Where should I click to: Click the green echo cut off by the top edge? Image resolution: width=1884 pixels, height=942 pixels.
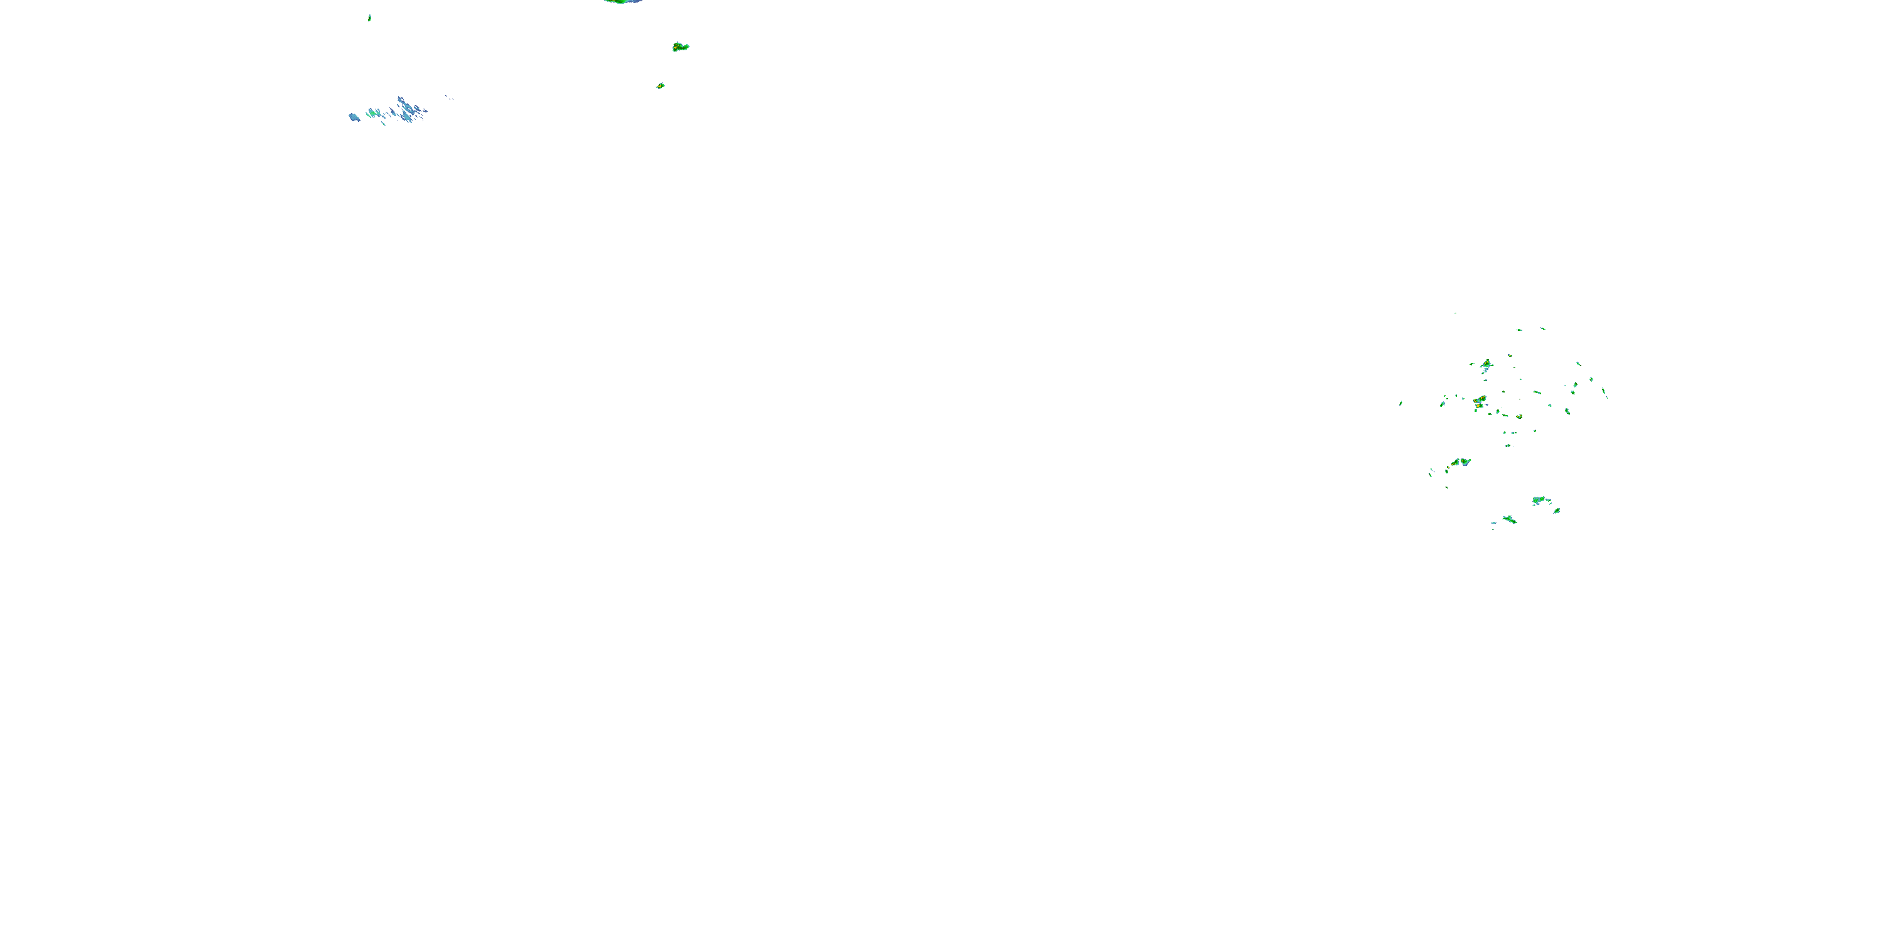coord(622,1)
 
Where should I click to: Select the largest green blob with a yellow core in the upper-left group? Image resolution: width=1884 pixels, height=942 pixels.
coord(680,48)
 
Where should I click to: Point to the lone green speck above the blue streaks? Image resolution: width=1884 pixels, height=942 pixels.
coord(369,18)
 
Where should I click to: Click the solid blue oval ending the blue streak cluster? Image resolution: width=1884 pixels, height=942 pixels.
coord(354,117)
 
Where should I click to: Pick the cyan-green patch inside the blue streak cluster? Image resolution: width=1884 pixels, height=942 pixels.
coord(373,112)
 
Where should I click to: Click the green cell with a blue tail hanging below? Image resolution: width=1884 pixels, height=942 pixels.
coord(1485,364)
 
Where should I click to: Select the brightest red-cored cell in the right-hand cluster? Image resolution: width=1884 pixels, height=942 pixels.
coord(1480,401)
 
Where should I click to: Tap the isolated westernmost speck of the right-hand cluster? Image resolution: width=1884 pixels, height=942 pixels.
coord(1400,403)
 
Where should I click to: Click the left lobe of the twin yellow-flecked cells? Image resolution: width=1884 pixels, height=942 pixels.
coord(1456,463)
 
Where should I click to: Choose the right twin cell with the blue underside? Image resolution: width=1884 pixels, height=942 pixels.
coord(1466,462)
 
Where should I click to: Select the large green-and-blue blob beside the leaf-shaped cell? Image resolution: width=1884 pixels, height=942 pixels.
coord(1540,501)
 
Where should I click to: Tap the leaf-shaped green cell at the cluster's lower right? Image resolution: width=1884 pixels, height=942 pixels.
coord(1556,511)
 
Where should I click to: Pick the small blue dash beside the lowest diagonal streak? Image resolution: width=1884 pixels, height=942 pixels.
coord(1493,523)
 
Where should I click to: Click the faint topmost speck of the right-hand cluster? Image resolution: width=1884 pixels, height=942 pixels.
coord(1454,313)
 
